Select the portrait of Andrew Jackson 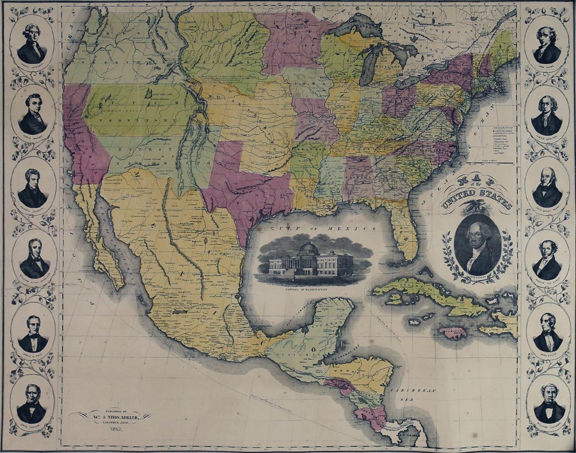[32, 188]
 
